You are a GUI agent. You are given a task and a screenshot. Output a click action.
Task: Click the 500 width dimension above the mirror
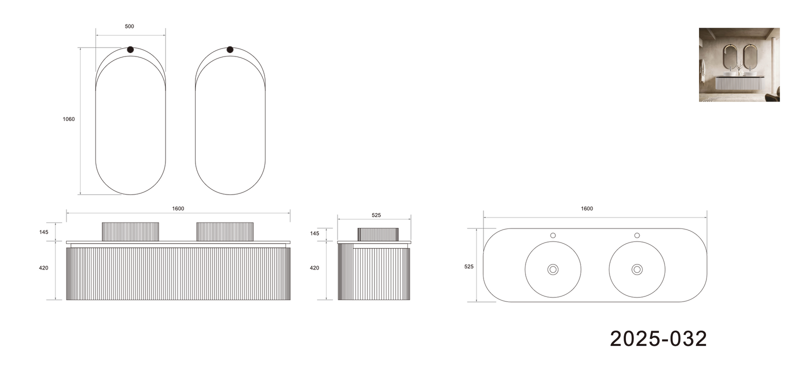point(129,26)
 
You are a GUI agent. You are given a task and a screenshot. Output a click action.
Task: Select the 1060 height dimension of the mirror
point(68,119)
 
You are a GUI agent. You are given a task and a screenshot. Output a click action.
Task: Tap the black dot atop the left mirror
point(130,49)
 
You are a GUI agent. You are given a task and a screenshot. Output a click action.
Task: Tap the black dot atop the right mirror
point(230,49)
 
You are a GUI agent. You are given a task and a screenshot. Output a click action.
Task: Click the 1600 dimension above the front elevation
point(178,208)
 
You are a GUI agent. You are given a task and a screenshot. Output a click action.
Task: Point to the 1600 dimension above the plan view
point(587,208)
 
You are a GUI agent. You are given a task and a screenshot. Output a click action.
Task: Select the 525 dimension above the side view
point(376,215)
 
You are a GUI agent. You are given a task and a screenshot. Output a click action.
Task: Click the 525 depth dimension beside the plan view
point(469,266)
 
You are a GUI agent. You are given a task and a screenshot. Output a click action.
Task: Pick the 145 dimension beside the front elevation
point(44,232)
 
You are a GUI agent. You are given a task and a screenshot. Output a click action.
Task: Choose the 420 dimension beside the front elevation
point(44,268)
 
